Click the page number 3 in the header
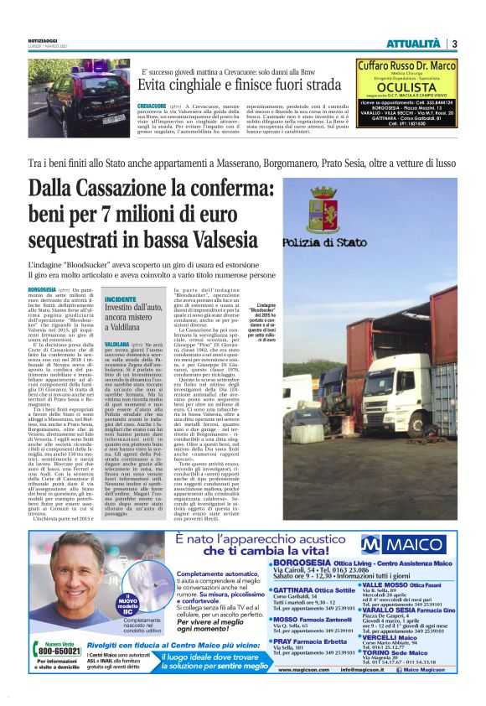[453, 44]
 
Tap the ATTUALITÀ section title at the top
[413, 44]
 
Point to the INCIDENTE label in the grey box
[121, 298]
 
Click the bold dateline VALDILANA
[116, 345]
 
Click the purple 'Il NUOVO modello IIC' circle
[132, 601]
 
